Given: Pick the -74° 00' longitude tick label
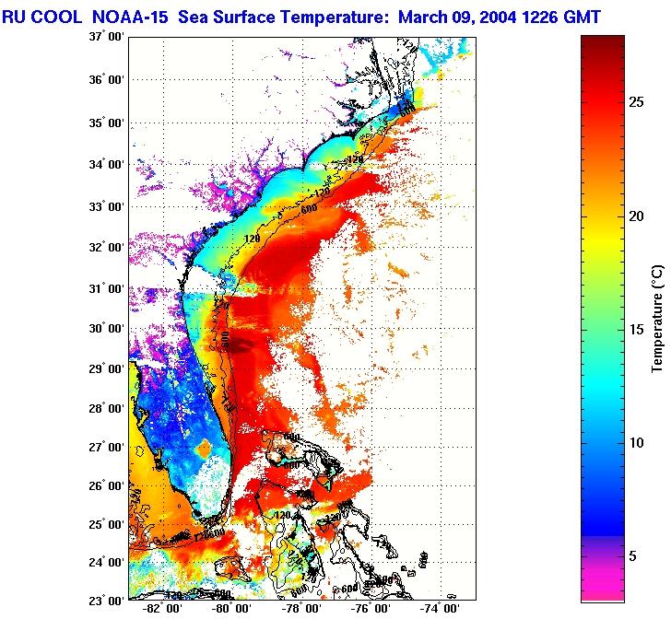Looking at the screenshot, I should coord(440,609).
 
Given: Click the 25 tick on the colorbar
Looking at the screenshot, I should coord(637,103).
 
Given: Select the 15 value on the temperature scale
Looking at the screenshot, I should coord(637,330).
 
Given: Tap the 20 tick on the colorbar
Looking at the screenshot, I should coord(637,216).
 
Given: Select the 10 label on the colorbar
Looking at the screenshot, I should coord(637,443).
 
